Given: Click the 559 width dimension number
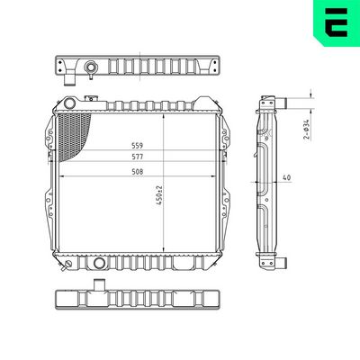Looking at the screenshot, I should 138,145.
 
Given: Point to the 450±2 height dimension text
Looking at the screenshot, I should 159,196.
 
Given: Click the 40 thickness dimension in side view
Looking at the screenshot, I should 287,178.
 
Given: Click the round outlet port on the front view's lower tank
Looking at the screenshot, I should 97,264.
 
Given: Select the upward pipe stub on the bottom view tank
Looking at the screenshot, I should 97,287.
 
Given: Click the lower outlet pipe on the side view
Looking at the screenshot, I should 281,261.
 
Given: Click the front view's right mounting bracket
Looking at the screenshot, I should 229,185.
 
